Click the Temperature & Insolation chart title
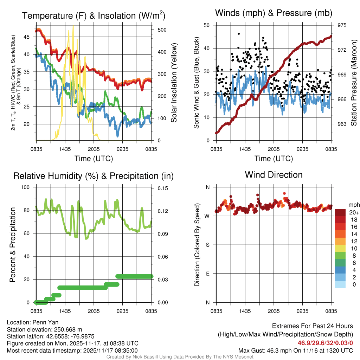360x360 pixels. (94, 16)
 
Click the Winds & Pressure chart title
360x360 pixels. (274, 13)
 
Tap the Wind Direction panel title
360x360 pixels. (274, 175)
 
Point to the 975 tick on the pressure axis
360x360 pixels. (342, 25)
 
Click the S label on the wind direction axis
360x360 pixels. (208, 245)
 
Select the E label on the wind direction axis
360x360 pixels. (208, 274)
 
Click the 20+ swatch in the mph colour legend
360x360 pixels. (341, 212)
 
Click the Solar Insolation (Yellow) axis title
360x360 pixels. (174, 83)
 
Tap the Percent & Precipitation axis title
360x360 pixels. (13, 245)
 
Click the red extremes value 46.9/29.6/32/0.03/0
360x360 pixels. (325, 343)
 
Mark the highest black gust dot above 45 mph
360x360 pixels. (239, 34)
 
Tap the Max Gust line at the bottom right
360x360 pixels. (295, 351)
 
